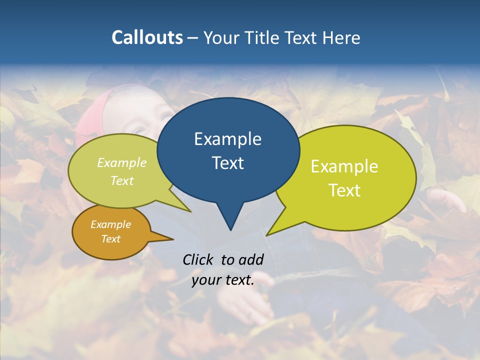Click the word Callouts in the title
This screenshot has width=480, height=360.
147,37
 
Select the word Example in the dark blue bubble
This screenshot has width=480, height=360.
227,139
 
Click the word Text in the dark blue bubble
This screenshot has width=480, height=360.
227,163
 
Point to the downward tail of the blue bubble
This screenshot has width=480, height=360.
230,220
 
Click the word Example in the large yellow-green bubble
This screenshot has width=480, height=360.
344,166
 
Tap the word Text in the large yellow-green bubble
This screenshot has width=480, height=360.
344,190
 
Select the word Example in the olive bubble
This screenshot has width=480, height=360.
122,163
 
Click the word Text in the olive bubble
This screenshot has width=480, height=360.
122,181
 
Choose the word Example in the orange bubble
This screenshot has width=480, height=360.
110,224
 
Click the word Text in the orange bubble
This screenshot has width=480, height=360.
110,239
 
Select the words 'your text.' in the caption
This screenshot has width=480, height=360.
223,280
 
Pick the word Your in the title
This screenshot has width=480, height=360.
222,37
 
